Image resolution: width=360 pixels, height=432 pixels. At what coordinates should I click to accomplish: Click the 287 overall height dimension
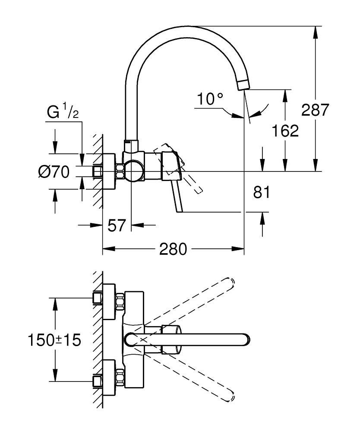coord(315,110)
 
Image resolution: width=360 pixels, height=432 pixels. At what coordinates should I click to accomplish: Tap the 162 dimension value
coord(285,130)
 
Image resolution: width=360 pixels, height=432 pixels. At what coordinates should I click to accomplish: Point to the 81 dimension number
coord(262,192)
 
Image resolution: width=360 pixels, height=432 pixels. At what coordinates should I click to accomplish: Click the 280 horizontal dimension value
coord(173,249)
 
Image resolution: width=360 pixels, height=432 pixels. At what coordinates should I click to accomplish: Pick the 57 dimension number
coord(117,225)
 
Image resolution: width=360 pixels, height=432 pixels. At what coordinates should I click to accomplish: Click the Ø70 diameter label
coord(54,172)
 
